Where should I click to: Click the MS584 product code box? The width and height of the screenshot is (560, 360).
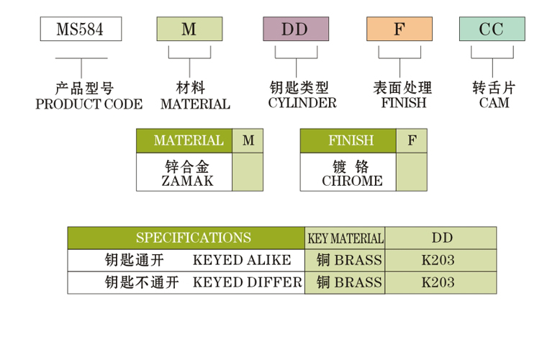tap(80, 29)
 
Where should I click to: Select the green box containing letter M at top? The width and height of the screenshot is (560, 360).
tap(189, 29)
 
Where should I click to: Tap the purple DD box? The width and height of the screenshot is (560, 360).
tap(295, 29)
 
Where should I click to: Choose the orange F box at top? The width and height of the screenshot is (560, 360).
tap(399, 29)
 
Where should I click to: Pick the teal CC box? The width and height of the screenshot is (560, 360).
tap(492, 29)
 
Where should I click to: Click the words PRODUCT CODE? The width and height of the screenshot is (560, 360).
tap(89, 104)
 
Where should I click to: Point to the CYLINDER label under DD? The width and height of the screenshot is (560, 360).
tap(302, 103)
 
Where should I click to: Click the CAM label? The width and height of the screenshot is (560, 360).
tap(494, 103)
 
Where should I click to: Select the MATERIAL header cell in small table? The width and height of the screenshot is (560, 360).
tap(185, 140)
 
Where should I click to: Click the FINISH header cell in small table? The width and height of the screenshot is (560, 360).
tap(348, 140)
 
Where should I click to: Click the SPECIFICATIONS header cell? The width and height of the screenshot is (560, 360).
tap(186, 238)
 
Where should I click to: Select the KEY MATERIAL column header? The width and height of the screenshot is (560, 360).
tap(346, 238)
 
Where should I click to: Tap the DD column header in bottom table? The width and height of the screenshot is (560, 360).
tap(441, 238)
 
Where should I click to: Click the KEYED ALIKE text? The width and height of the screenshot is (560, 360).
tap(241, 260)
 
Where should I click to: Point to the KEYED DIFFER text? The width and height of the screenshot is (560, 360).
tap(247, 282)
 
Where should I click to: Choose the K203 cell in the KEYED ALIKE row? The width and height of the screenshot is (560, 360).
tap(438, 260)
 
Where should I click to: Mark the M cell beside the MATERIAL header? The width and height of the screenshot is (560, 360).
tap(248, 140)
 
